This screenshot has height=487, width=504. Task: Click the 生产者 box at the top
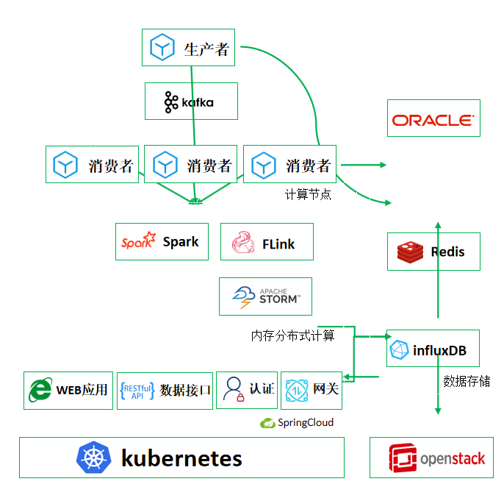pyautogui.click(x=190, y=48)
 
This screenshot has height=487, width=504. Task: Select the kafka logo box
pyautogui.click(x=191, y=102)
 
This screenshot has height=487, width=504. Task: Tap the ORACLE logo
pyautogui.click(x=433, y=119)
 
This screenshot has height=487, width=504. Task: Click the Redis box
pyautogui.click(x=433, y=252)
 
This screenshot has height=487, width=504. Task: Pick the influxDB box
pyautogui.click(x=433, y=348)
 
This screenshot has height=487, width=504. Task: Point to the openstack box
pyautogui.click(x=431, y=458)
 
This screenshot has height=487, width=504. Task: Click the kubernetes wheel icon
pyautogui.click(x=93, y=458)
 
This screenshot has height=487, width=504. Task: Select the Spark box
pyautogui.click(x=162, y=242)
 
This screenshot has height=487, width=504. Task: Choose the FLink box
pyautogui.click(x=267, y=243)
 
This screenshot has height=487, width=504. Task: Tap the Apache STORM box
pyautogui.click(x=265, y=296)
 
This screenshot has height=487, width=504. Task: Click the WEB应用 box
pyautogui.click(x=68, y=390)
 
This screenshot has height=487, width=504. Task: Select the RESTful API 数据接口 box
pyautogui.click(x=165, y=390)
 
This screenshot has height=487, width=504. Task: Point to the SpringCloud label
pyautogui.click(x=297, y=422)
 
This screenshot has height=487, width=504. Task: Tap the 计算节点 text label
pyautogui.click(x=308, y=195)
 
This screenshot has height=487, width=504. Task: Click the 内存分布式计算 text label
pyautogui.click(x=292, y=335)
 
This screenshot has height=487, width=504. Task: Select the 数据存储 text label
pyautogui.click(x=467, y=381)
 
